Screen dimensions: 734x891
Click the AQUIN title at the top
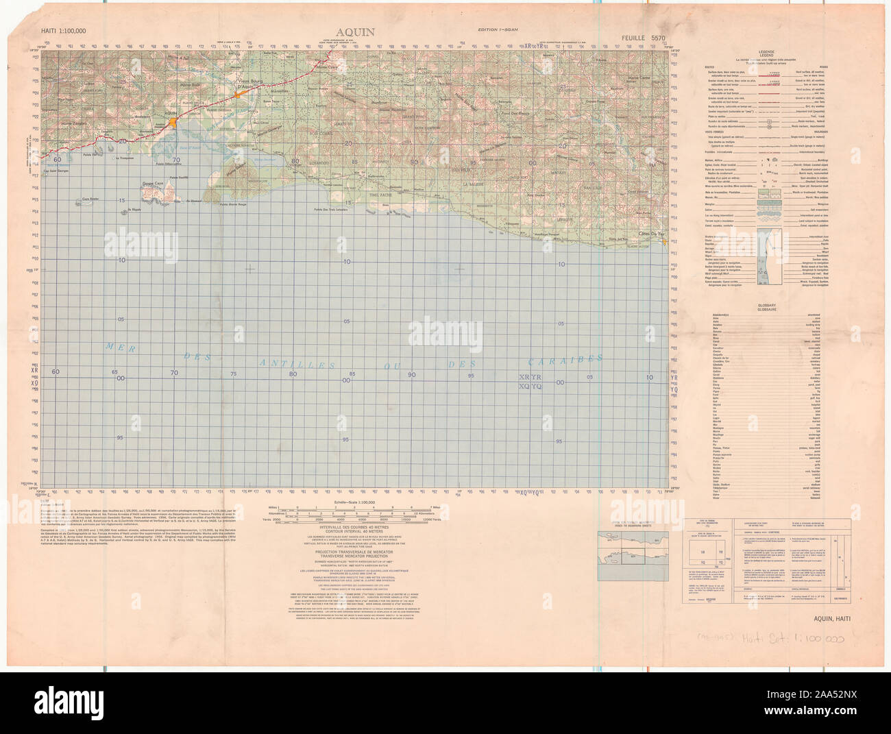point(354,33)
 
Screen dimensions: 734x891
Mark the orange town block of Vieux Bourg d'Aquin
point(237,95)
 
